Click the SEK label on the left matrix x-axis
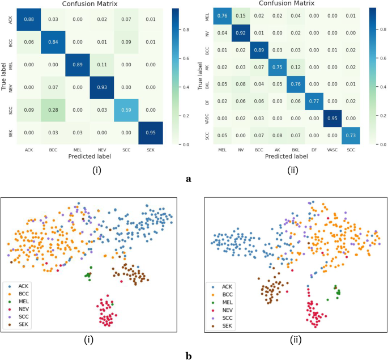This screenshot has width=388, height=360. click(150, 150)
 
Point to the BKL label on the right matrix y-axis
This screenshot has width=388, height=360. click(209, 85)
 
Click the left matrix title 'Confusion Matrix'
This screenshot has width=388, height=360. click(87, 4)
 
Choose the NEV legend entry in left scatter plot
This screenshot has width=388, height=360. click(22, 309)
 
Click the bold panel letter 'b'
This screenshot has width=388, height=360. click(187, 355)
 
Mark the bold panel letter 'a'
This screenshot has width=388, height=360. click(187, 177)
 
